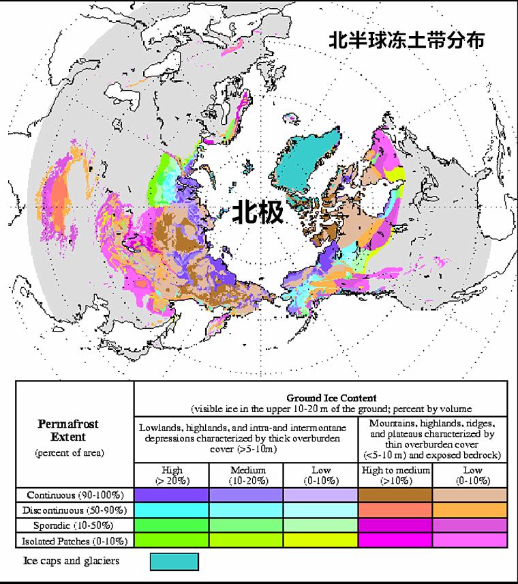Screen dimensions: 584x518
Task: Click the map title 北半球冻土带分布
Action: pyautogui.click(x=407, y=40)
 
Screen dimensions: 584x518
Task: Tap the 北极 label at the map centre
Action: pyautogui.click(x=257, y=213)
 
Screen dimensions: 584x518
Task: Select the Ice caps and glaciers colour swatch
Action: pyautogui.click(x=174, y=561)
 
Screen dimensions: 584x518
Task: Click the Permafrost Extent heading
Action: pyautogui.click(x=68, y=429)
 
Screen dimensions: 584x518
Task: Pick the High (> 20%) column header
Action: pyautogui.click(x=172, y=474)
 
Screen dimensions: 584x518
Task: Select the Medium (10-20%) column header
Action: pyautogui.click(x=246, y=474)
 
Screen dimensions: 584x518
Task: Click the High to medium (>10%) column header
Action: pyautogui.click(x=395, y=474)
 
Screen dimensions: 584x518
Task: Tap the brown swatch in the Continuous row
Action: pyautogui.click(x=395, y=495)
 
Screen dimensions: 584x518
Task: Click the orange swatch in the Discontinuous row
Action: pyautogui.click(x=469, y=510)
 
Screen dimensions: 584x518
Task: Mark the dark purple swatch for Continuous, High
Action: pyautogui.click(x=172, y=495)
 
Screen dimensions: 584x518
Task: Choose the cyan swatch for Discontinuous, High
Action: pyautogui.click(x=172, y=510)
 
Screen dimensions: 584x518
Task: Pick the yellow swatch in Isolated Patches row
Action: pyautogui.click(x=320, y=540)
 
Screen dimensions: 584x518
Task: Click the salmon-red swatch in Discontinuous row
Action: pyautogui.click(x=395, y=510)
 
